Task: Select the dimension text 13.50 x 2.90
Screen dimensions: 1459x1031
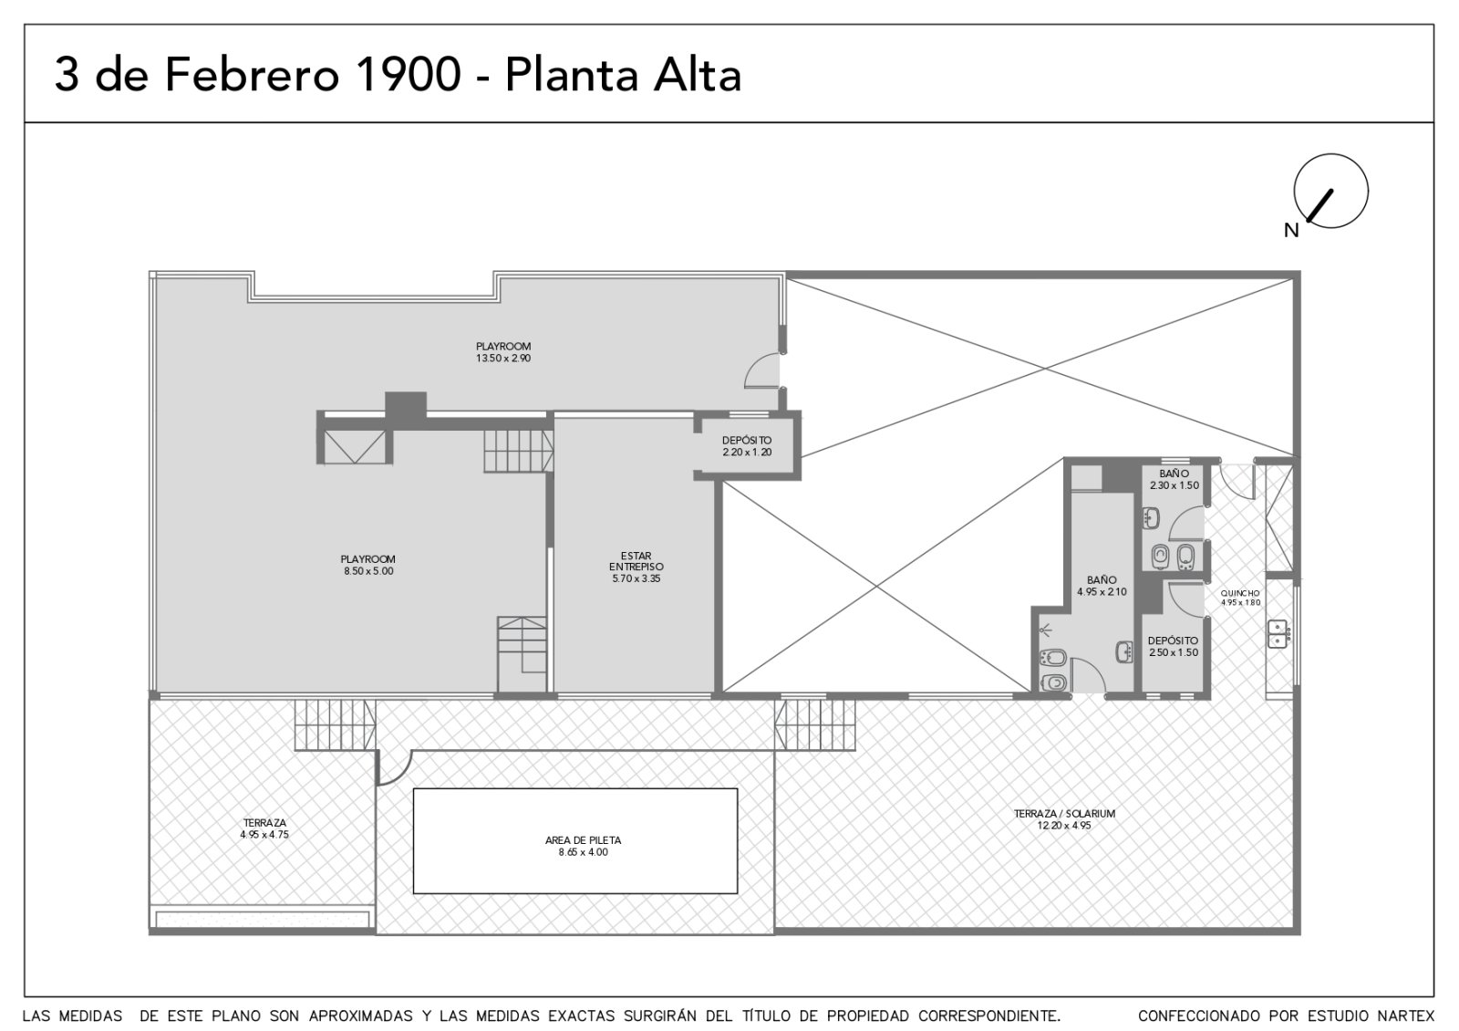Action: [502, 358]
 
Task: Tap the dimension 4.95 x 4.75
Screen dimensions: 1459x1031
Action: [264, 834]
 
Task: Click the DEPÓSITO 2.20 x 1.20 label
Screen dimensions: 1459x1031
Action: [747, 446]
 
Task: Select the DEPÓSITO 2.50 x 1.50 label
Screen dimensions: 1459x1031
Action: [1173, 647]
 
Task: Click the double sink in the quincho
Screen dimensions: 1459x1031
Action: [1278, 633]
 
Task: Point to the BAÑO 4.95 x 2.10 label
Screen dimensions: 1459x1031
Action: [1102, 585]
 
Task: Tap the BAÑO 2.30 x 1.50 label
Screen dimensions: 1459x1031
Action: [1174, 479]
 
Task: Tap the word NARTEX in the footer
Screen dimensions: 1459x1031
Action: [1410, 1015]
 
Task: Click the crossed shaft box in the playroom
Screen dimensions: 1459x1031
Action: [355, 446]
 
